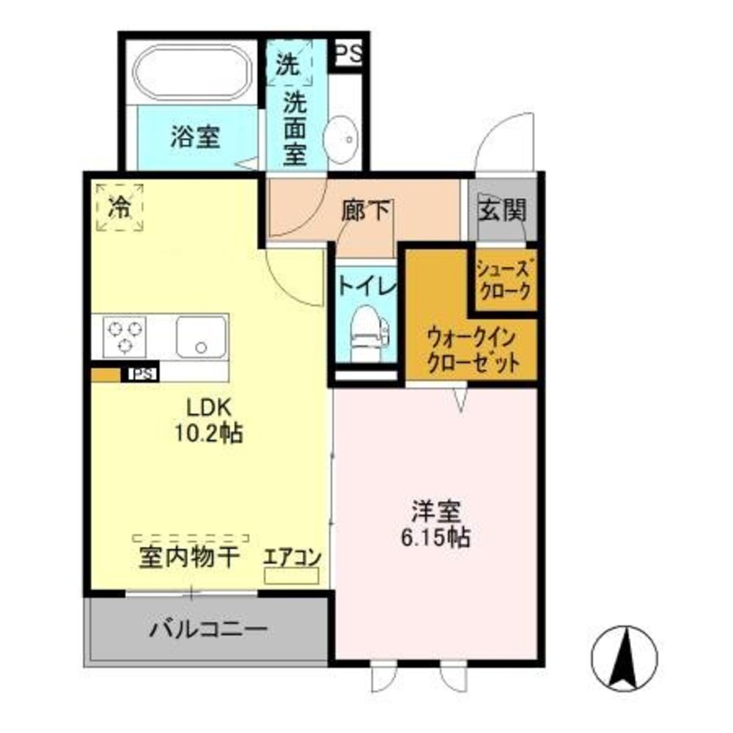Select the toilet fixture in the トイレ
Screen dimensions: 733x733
[364, 334]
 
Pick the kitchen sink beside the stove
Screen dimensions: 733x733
[200, 336]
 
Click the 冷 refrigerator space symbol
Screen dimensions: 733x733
[119, 207]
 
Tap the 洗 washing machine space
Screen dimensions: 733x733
[288, 65]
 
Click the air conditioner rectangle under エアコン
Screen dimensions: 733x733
[292, 575]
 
